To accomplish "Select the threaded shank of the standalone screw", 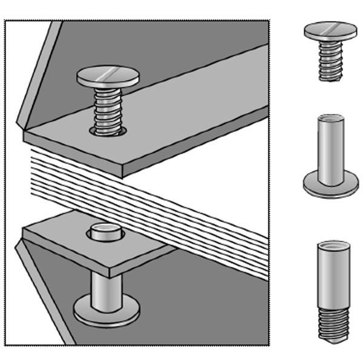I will coord(330,60).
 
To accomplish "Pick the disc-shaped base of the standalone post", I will coord(330,185).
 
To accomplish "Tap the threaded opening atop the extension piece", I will coord(332,245).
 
